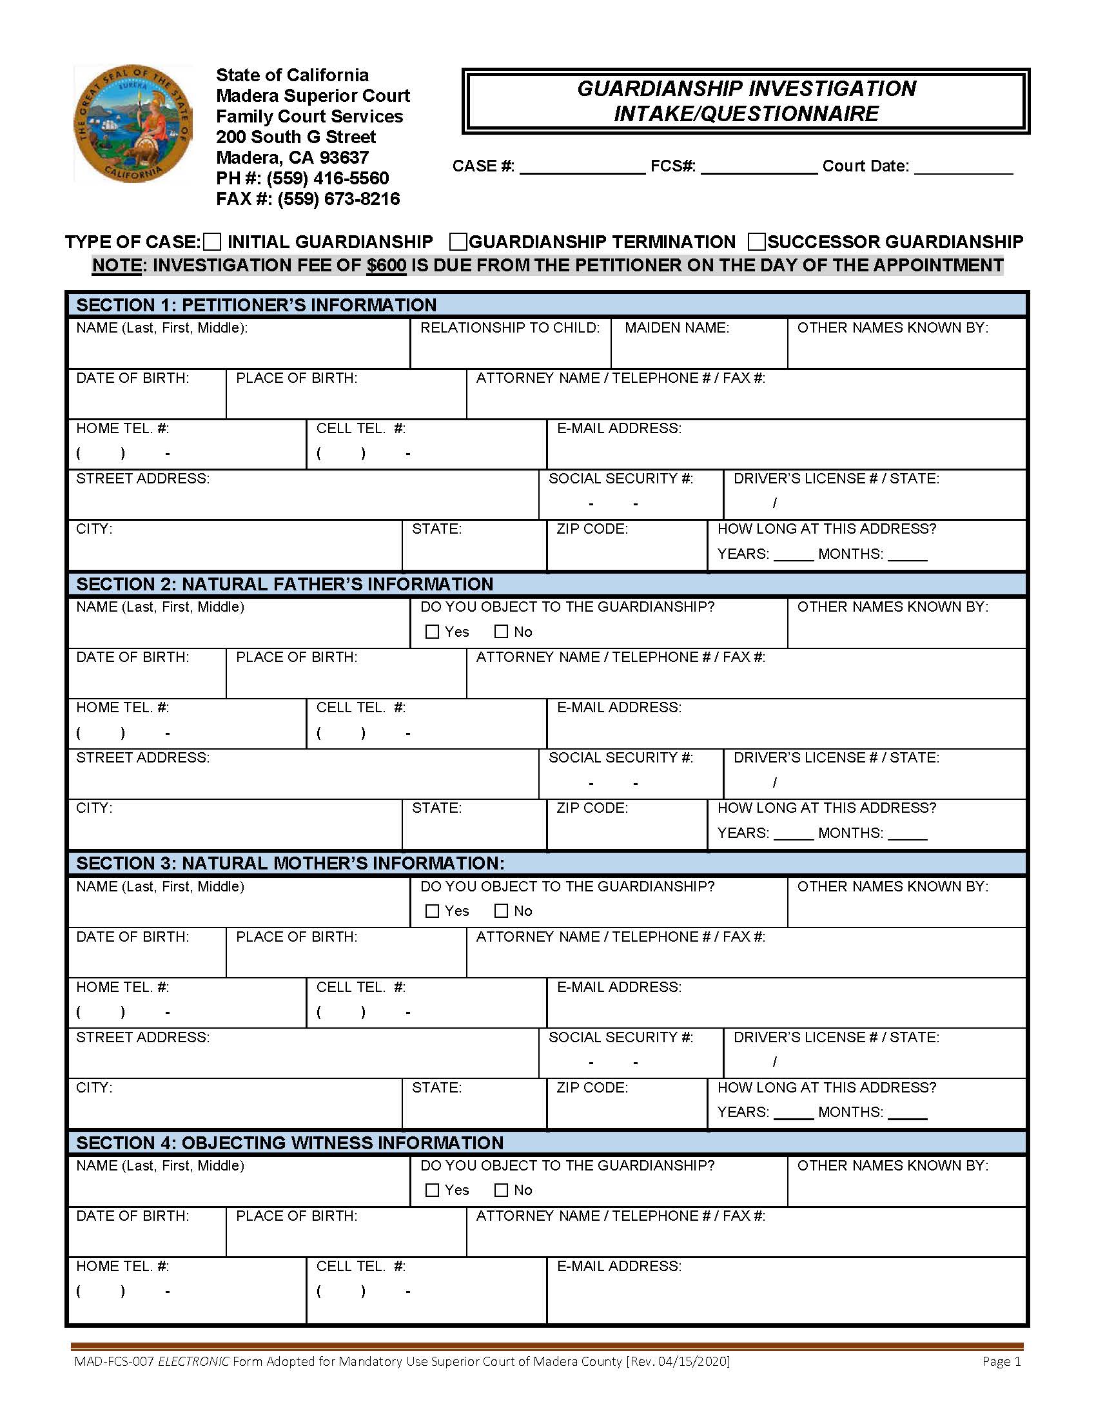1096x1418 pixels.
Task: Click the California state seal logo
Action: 132,123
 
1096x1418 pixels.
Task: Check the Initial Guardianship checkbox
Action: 212,242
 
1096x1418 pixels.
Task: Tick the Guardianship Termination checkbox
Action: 458,242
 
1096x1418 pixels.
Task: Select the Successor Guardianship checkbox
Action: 756,242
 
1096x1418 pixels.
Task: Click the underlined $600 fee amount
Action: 386,266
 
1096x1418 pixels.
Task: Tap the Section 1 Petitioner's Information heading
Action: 257,305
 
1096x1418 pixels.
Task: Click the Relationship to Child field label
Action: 510,328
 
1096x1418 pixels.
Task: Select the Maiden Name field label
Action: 676,328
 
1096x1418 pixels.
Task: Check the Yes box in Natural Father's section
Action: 432,632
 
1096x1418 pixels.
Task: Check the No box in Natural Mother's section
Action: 501,911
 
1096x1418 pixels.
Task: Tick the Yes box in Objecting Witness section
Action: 432,1190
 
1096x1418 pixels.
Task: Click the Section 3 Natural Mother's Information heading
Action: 290,864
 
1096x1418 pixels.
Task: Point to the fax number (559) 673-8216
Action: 338,199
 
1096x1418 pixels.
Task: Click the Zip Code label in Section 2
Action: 592,808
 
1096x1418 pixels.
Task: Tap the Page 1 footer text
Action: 1001,1361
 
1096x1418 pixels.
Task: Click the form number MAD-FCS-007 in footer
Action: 113,1361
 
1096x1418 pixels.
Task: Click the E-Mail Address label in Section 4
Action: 619,1266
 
